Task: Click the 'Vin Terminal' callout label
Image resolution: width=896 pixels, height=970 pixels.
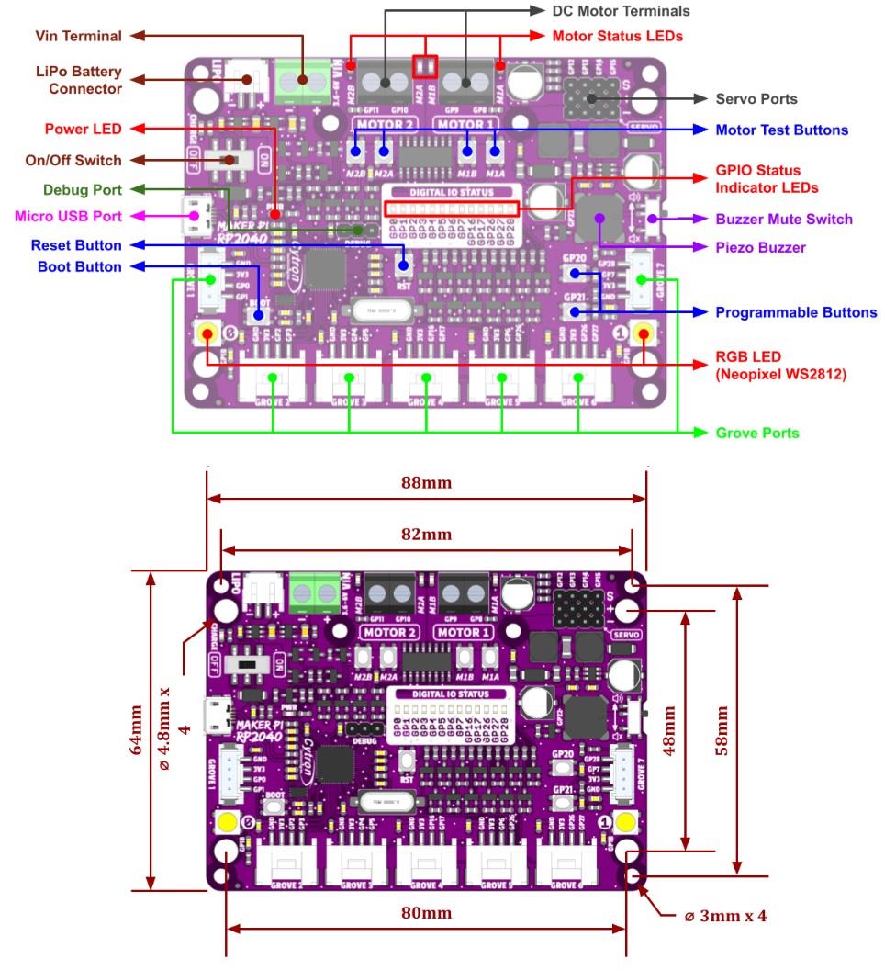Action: click(x=78, y=36)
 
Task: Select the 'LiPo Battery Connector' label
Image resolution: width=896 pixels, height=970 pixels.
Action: click(x=78, y=80)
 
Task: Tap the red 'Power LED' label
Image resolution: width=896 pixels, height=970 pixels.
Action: click(x=83, y=129)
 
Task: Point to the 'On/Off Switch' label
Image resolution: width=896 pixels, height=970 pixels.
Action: click(x=73, y=160)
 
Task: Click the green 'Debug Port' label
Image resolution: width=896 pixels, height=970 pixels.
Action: click(x=82, y=189)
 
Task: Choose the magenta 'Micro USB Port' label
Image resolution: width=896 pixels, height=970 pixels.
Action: click(x=68, y=217)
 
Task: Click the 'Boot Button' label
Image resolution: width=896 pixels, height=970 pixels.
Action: click(x=79, y=266)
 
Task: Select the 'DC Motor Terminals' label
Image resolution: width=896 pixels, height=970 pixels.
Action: click(x=621, y=11)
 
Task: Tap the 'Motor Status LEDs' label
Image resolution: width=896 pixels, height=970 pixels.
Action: click(x=617, y=37)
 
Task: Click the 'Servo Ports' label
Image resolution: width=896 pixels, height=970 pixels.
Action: click(x=756, y=98)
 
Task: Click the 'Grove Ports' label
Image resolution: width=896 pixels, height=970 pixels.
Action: click(x=757, y=433)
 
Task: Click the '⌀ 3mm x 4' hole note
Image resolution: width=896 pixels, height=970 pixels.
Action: click(x=725, y=916)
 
